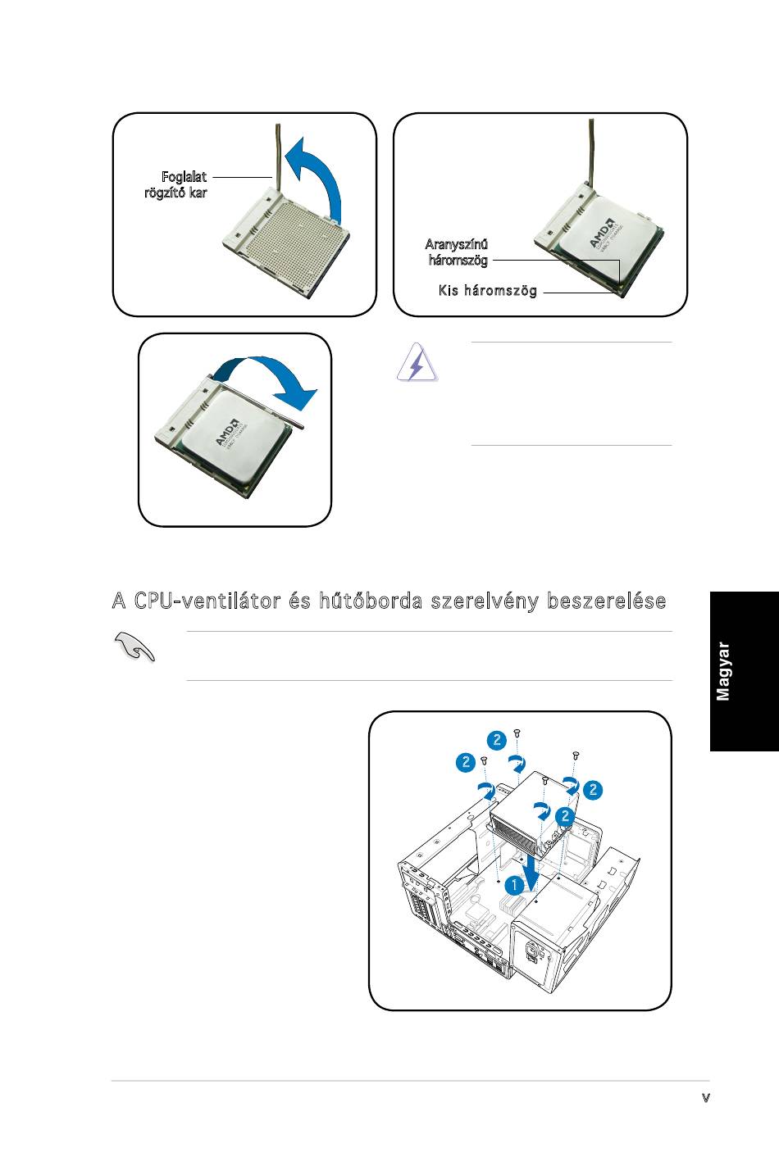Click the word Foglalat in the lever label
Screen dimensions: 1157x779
click(x=184, y=176)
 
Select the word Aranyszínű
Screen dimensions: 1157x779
click(x=457, y=244)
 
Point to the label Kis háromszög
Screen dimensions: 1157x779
click(x=488, y=290)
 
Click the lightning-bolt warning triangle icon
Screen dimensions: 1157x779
click(x=417, y=362)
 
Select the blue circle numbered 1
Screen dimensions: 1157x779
click(x=512, y=886)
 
